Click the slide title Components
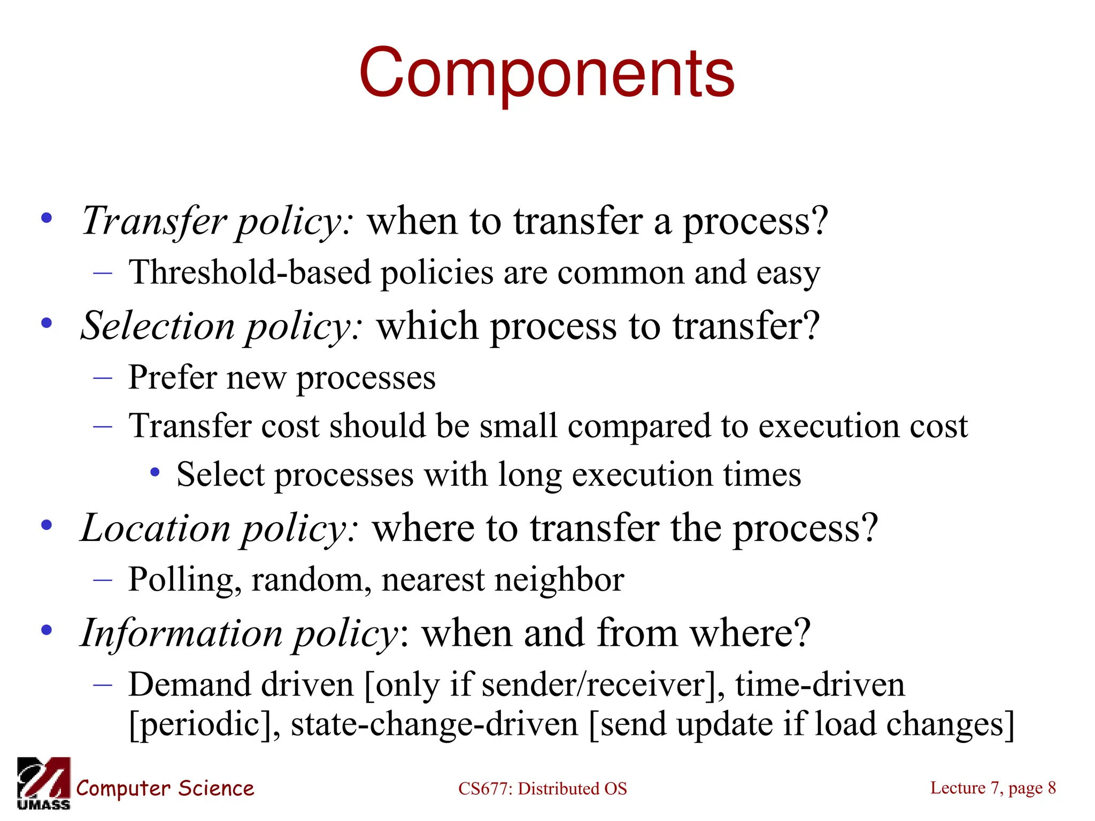pos(546,73)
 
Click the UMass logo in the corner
pos(43,783)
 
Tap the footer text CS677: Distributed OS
pos(542,788)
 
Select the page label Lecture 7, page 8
pos(993,787)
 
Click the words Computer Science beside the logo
pos(165,788)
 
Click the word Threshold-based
pos(250,273)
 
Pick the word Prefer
pos(172,378)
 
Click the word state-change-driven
pos(435,724)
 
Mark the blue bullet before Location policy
pos(47,524)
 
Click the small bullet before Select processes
pos(155,472)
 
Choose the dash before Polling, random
pos(103,579)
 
